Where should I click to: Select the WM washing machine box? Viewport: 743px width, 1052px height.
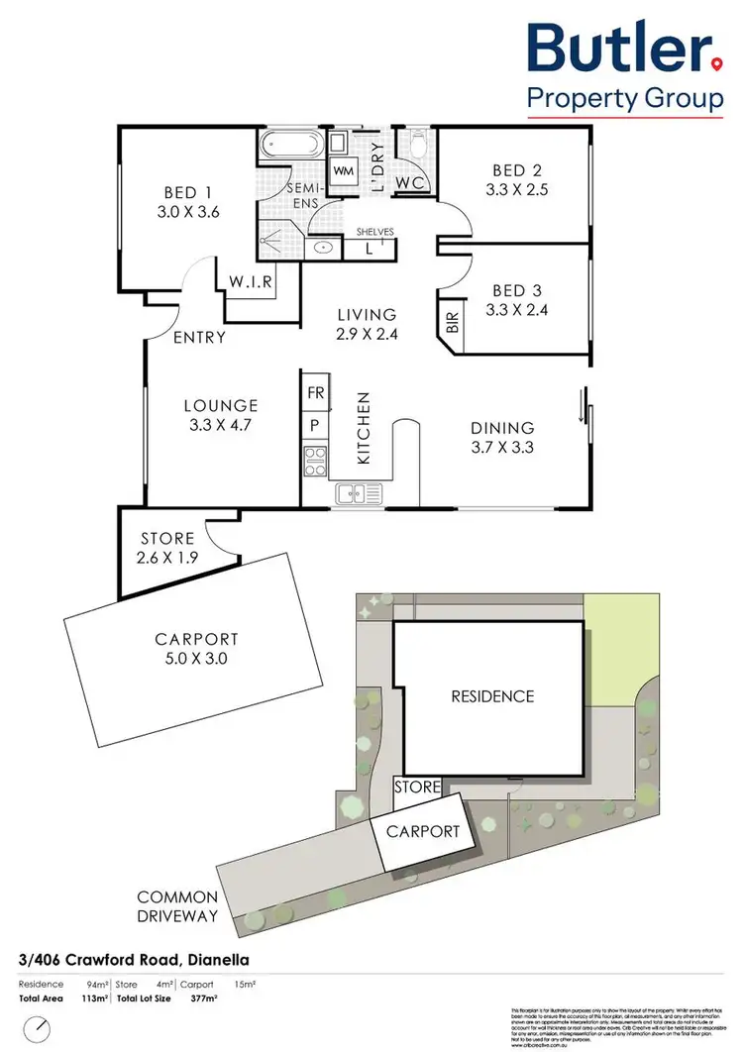(344, 171)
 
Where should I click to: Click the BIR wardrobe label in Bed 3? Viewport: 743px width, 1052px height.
(451, 323)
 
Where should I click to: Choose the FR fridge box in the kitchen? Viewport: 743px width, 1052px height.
(316, 392)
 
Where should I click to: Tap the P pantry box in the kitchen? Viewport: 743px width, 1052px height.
(316, 426)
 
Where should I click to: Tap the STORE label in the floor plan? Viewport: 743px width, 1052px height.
(167, 538)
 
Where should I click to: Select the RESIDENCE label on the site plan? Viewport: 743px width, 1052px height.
(492, 696)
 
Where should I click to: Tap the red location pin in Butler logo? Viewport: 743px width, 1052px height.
(715, 64)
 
